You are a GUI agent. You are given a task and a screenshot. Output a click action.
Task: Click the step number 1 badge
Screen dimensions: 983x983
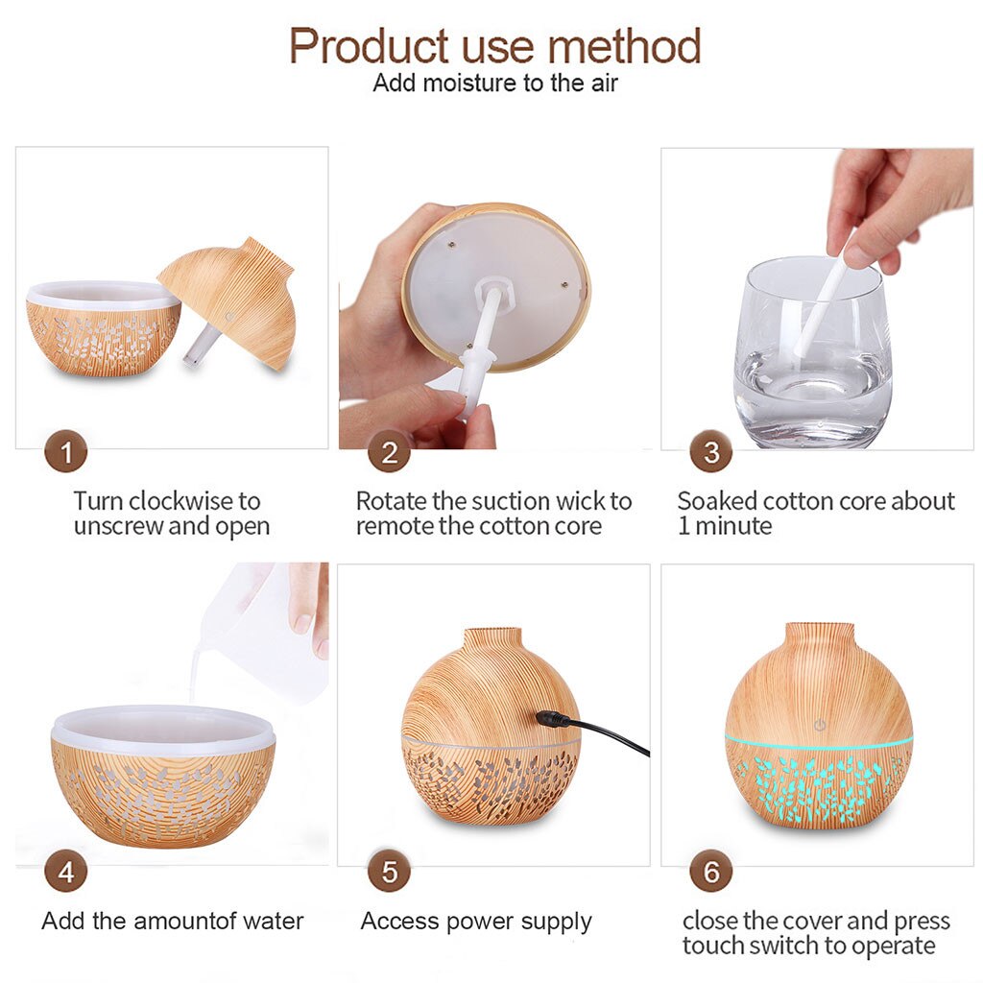click(x=65, y=452)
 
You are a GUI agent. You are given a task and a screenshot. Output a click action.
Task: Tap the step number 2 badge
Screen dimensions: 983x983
click(x=389, y=452)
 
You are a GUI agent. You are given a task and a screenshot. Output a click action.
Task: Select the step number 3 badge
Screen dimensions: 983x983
click(x=710, y=452)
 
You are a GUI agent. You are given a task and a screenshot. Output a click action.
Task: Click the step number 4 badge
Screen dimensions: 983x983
click(x=65, y=873)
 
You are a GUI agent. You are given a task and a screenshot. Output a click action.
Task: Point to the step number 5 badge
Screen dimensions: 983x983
click(x=389, y=873)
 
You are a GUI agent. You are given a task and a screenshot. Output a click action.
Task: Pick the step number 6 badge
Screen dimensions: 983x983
click(x=710, y=873)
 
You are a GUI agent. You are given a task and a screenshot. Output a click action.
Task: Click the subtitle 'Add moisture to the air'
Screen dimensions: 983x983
click(x=494, y=84)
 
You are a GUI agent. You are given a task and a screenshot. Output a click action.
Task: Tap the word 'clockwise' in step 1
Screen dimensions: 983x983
click(x=181, y=501)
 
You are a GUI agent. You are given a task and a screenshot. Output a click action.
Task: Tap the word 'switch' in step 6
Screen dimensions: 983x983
click(x=789, y=946)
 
